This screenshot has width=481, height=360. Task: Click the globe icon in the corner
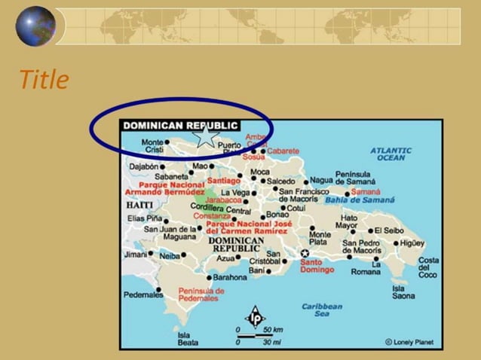coord(35,26)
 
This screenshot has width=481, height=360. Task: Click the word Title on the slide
coord(44,80)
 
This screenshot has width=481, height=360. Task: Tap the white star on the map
coord(205,136)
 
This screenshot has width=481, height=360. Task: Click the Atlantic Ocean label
coord(391,154)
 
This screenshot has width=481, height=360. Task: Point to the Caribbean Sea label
coord(322,310)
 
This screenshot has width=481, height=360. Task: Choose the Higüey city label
coord(412,243)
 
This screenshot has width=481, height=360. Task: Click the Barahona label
coord(230,277)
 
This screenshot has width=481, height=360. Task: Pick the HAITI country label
coord(139,205)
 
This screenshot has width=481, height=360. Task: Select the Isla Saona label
coord(403,292)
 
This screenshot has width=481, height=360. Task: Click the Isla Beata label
coord(188,338)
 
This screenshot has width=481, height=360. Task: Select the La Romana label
coord(366,267)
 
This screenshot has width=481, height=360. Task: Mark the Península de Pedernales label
coord(201,294)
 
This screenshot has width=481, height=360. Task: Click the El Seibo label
coord(389,230)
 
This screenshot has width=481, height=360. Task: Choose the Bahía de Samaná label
coord(360,200)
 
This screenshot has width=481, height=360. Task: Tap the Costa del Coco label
coord(428,267)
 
